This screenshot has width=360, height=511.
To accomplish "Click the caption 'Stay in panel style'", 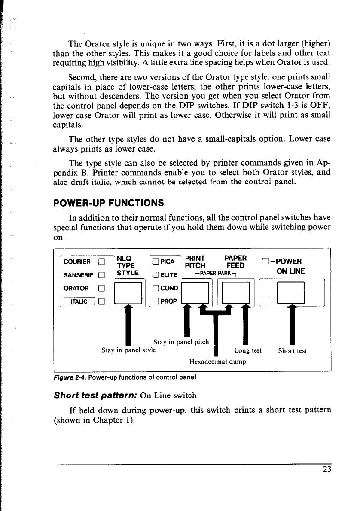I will [x=128, y=350].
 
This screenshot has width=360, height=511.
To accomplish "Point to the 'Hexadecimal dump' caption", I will [x=217, y=362].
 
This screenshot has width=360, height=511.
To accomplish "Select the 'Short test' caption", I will [x=293, y=350].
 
